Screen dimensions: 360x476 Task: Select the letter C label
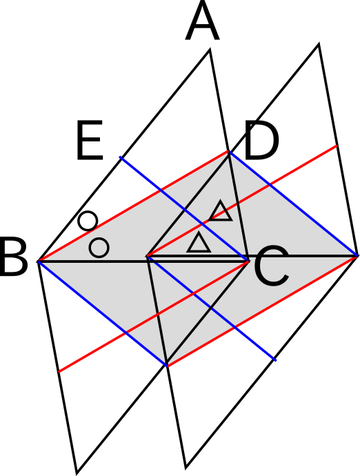tap(271, 266)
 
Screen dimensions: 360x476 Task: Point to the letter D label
tap(261, 140)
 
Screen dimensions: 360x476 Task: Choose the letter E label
tap(90, 140)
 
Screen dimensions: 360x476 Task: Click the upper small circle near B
tap(88, 221)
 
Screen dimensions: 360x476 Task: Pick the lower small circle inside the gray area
tap(99, 248)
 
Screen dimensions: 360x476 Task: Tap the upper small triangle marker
tap(221, 210)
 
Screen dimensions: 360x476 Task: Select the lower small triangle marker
tap(199, 242)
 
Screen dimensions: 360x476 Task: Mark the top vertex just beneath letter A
tap(210, 50)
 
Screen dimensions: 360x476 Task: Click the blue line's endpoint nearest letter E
tap(120, 157)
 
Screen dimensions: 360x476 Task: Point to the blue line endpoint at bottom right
tap(275, 360)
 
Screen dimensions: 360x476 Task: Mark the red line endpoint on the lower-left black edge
tap(59, 372)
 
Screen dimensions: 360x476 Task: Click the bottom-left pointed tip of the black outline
tap(77, 473)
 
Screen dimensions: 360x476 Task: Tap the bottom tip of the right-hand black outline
tap(186, 468)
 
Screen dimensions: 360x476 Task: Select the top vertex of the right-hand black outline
tap(318, 45)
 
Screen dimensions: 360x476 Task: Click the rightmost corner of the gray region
tap(357, 256)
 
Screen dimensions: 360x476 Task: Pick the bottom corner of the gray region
tap(167, 365)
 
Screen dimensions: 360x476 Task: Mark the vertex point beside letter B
tap(38, 261)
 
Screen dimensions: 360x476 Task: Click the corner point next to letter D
tap(229, 152)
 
